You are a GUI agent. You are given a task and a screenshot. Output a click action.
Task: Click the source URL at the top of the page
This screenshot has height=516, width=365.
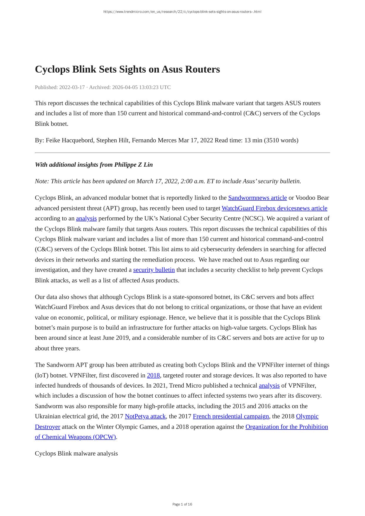pyautogui.click(x=182, y=12)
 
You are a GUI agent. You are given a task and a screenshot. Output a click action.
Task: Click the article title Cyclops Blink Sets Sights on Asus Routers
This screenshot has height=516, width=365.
pyautogui.click(x=127, y=69)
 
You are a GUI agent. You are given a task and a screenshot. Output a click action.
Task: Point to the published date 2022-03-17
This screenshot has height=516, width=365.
pyautogui.click(x=72, y=87)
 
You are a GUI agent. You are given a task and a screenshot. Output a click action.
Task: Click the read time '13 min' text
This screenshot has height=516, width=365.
pyautogui.click(x=253, y=140)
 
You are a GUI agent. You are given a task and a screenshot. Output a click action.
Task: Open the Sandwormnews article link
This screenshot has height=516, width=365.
pyautogui.click(x=257, y=198)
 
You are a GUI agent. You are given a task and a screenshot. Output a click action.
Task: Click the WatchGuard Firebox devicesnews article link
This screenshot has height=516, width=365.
pyautogui.click(x=274, y=208)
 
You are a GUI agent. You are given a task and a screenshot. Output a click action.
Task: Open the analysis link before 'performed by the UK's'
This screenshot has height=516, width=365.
pyautogui.click(x=86, y=218)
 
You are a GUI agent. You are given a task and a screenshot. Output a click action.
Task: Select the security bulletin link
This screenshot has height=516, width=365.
pyautogui.click(x=154, y=270)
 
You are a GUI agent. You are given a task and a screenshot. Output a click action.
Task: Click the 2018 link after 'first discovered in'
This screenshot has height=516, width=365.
pyautogui.click(x=153, y=375)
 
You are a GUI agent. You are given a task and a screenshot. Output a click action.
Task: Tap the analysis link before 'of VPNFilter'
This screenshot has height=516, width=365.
pyautogui.click(x=269, y=386)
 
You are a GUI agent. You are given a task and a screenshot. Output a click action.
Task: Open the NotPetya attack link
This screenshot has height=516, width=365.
pyautogui.click(x=145, y=416)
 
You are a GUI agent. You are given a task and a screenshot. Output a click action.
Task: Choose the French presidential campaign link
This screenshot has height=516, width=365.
pyautogui.click(x=231, y=416)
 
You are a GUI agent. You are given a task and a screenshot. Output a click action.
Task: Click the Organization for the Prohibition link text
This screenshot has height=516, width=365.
pyautogui.click(x=287, y=427)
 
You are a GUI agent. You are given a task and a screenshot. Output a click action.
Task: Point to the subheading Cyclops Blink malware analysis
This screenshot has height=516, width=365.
pyautogui.click(x=76, y=453)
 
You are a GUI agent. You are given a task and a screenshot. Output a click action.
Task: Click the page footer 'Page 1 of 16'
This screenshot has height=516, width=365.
pyautogui.click(x=182, y=504)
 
